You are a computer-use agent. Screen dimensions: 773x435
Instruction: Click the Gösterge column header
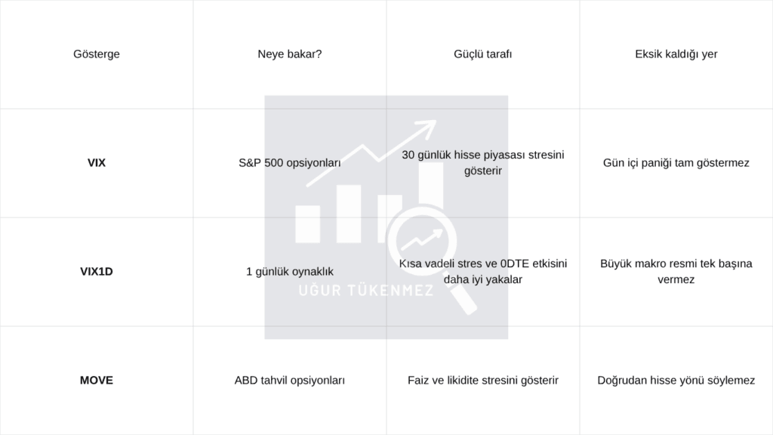[x=96, y=54]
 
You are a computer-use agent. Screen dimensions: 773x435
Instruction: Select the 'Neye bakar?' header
[x=289, y=54]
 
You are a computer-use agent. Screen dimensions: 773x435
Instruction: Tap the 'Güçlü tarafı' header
[x=482, y=54]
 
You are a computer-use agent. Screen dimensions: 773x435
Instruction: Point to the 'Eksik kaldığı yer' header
[x=676, y=54]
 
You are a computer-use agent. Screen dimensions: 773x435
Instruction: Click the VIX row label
[x=96, y=163]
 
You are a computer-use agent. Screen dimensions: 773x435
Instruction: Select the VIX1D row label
[x=96, y=272]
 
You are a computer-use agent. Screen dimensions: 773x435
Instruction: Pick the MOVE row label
[x=96, y=381]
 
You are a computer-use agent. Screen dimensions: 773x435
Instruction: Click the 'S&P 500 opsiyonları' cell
[x=289, y=163]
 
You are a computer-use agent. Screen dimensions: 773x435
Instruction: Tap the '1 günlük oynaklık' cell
[x=289, y=272]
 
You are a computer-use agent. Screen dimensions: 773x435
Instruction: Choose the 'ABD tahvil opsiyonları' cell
[x=289, y=381]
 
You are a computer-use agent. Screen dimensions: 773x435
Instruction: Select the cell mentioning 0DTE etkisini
[x=482, y=271]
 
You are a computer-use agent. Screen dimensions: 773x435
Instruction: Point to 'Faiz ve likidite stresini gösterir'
[x=482, y=381]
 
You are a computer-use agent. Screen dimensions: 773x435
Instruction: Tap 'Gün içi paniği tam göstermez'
[x=676, y=163]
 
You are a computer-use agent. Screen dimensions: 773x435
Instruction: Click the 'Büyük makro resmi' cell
[x=676, y=271]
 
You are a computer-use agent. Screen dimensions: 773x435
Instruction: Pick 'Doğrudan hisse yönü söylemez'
[x=676, y=381]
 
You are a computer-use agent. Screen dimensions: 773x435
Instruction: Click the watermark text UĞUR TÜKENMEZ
[x=365, y=290]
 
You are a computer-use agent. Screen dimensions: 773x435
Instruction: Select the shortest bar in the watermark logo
[x=308, y=224]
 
